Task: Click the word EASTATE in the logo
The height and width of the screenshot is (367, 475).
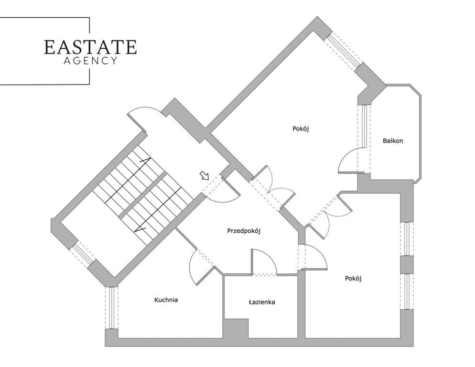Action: coord(90,47)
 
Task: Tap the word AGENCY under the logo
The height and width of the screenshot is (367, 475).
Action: coord(90,61)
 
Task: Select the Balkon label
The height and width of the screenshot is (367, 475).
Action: coord(393,140)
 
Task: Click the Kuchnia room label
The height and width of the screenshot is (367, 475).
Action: coord(166,300)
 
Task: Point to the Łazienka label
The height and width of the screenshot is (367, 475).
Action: coord(262,302)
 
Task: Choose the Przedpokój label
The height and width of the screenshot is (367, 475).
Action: coord(244,231)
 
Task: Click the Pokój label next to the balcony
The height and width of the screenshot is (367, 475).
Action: coord(301,129)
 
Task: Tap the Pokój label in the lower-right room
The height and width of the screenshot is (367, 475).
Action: coord(353,279)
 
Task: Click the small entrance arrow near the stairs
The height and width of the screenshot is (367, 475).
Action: coord(205,175)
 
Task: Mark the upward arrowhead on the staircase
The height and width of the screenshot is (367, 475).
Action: coord(147,161)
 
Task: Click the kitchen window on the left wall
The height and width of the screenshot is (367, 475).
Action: coord(112,308)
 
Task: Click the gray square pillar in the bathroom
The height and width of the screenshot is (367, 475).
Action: coord(236,328)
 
